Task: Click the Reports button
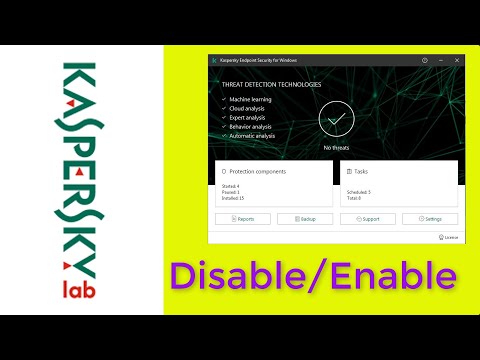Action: pyautogui.click(x=243, y=218)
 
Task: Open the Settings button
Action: pyautogui.click(x=430, y=218)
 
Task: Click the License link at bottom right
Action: pyautogui.click(x=450, y=238)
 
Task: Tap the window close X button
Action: pyautogui.click(x=458, y=60)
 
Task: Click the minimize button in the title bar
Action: pyautogui.click(x=441, y=60)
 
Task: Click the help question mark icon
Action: pyautogui.click(x=424, y=60)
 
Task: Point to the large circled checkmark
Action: pyautogui.click(x=336, y=120)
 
